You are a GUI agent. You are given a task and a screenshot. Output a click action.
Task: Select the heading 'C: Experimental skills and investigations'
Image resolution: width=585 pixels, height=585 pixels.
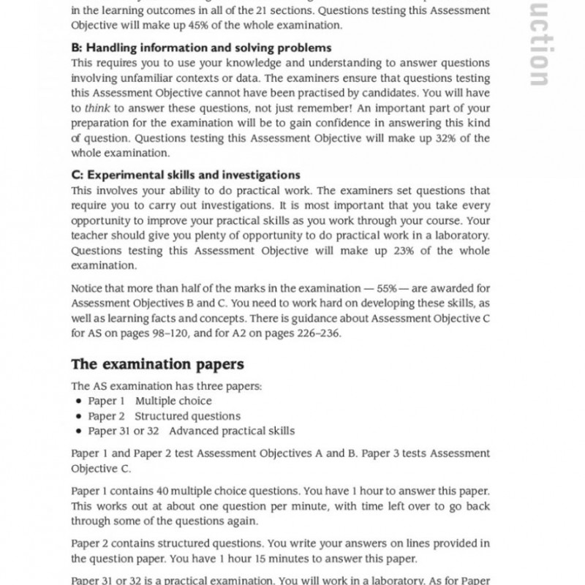pos(186,175)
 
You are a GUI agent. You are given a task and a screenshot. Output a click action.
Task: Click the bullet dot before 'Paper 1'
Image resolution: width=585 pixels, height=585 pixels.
pos(78,401)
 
